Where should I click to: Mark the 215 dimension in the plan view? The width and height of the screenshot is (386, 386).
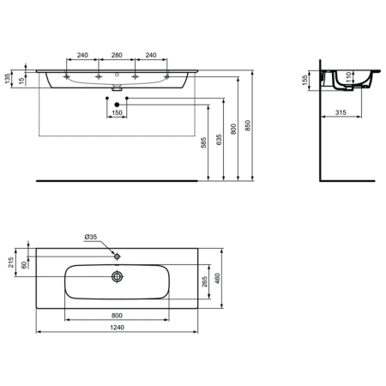pos(10,262)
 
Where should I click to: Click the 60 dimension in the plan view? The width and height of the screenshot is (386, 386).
pos(25,264)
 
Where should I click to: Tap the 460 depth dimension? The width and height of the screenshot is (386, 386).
pos(218,279)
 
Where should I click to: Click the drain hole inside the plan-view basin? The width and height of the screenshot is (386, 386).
pos(118,276)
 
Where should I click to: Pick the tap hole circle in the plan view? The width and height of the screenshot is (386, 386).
pos(118,256)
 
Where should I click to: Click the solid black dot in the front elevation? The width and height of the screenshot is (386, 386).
pos(118,104)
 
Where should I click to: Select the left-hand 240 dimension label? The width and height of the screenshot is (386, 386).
pos(82,55)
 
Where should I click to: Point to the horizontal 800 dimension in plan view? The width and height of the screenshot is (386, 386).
pos(118,313)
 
